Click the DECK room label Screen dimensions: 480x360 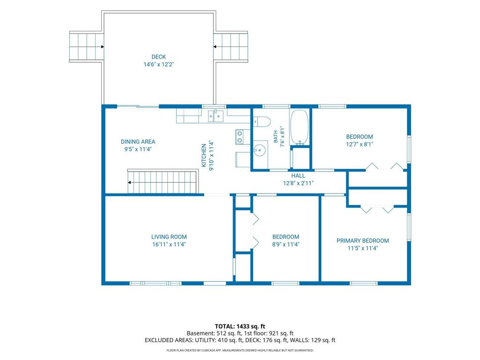point(158,57)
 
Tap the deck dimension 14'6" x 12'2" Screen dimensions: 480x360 point(158,65)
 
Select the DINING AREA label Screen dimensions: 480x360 point(138,142)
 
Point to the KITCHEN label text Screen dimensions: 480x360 point(203,156)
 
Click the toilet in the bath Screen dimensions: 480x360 point(262,122)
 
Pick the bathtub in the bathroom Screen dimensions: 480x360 point(299,127)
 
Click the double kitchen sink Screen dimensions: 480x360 point(216,116)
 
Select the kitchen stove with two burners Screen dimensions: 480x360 point(240,137)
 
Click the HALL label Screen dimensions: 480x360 point(298,176)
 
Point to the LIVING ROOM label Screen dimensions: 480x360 point(169,237)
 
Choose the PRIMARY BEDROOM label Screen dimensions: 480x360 point(363,241)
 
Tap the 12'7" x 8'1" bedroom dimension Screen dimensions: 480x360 point(360,144)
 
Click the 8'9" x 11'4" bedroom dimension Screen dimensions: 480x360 point(285,244)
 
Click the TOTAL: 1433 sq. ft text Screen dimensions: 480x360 point(240,326)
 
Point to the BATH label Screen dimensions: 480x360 point(276,136)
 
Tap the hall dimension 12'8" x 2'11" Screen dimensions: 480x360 point(298,183)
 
